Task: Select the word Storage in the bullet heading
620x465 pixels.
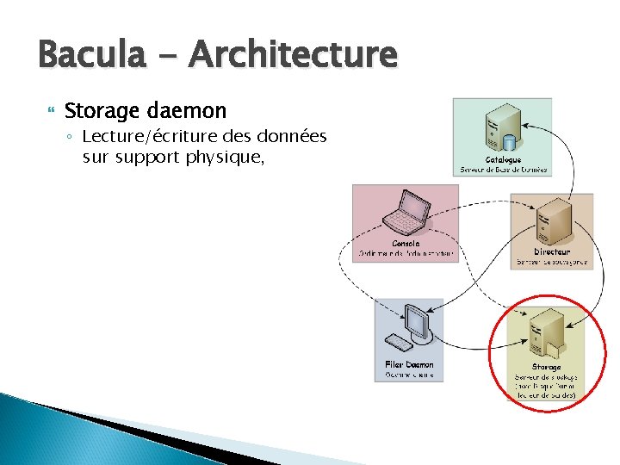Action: tap(100, 111)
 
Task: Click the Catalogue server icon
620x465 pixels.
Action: tap(500, 127)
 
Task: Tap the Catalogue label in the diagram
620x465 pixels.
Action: tap(503, 160)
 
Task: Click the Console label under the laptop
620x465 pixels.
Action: tap(406, 244)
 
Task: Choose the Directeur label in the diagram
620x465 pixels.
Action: tap(551, 252)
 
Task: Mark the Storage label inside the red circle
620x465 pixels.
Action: tap(546, 368)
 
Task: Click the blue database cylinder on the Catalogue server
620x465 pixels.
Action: tap(508, 140)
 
